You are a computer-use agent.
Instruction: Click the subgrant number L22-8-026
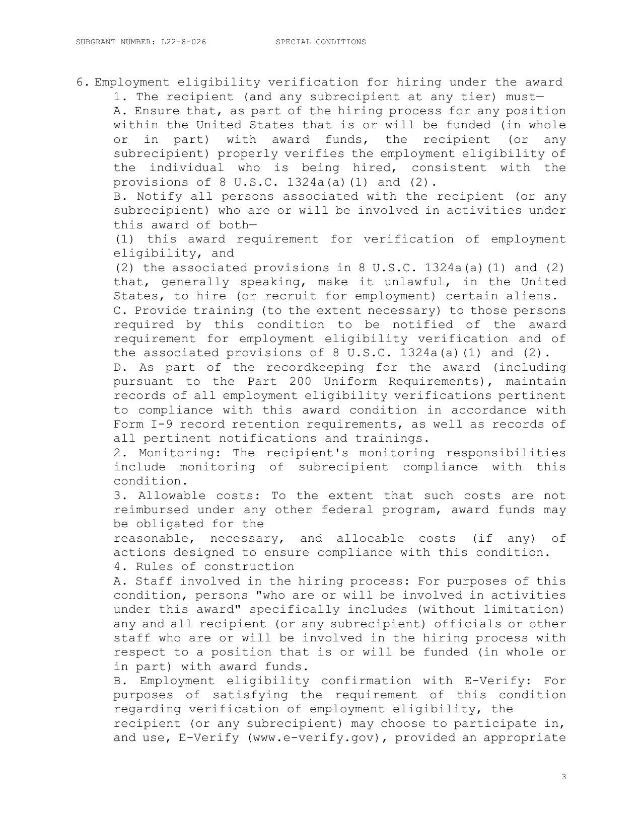[x=183, y=42]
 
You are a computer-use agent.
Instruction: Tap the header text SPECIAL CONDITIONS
[x=321, y=42]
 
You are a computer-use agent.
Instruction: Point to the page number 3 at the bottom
[x=564, y=777]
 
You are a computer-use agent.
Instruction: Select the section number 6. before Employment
[x=83, y=82]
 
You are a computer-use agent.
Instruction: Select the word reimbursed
[x=151, y=510]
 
